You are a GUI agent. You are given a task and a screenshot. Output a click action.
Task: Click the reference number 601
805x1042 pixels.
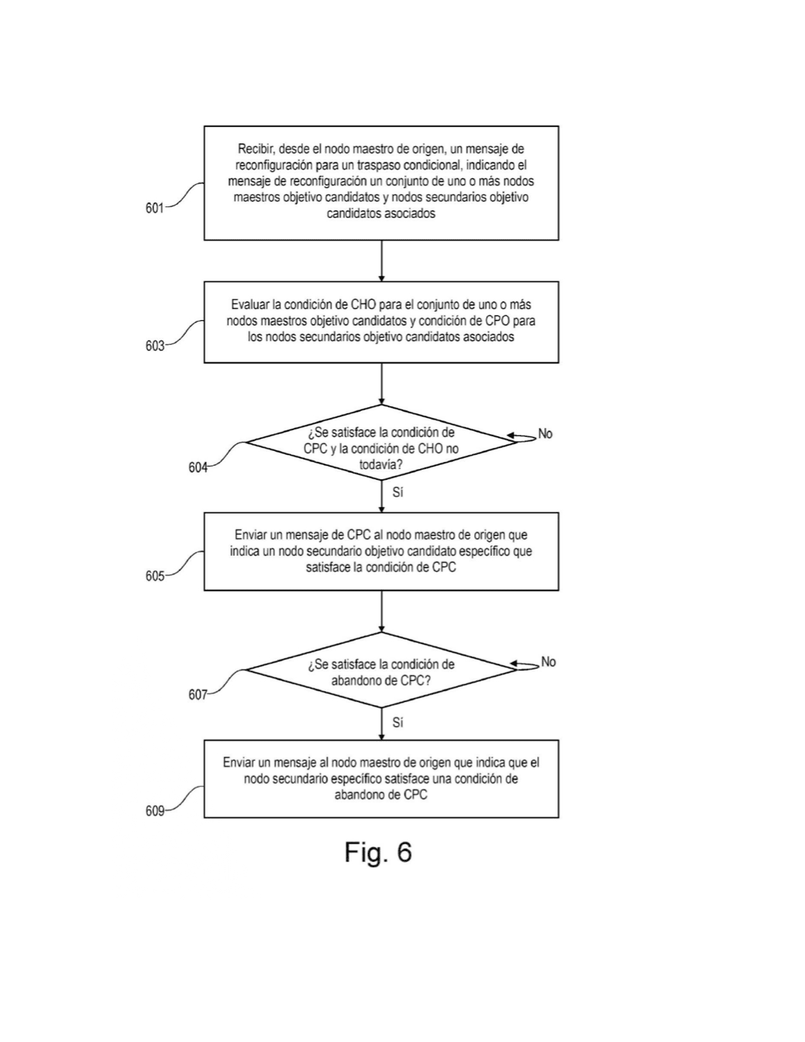point(154,208)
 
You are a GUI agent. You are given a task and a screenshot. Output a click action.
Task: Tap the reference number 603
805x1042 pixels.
point(154,346)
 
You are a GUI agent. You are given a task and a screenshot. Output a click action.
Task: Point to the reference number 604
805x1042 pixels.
point(197,468)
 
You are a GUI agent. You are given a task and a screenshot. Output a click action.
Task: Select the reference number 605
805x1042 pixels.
point(154,576)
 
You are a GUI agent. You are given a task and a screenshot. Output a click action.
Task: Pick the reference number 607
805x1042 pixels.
point(197,695)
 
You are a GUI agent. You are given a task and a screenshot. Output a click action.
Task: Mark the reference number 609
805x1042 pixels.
point(154,811)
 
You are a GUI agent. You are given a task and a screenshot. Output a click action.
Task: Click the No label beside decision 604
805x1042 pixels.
point(545,433)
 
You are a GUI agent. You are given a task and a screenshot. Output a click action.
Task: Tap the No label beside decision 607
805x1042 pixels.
point(549,662)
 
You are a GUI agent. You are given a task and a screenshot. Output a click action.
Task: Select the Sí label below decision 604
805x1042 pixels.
point(397,492)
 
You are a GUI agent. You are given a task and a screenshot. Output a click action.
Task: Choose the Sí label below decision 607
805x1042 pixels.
point(397,722)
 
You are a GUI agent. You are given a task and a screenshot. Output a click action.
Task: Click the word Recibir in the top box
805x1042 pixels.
point(256,149)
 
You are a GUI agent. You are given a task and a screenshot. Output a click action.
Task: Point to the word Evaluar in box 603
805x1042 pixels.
point(250,304)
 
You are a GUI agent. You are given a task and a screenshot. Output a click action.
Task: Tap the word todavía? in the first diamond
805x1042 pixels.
point(381,465)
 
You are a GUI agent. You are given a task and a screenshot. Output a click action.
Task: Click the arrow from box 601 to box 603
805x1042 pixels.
point(381,261)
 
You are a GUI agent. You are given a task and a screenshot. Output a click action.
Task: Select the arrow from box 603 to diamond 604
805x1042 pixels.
point(381,383)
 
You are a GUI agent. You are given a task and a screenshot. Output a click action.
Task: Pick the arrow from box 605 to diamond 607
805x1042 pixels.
point(381,611)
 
